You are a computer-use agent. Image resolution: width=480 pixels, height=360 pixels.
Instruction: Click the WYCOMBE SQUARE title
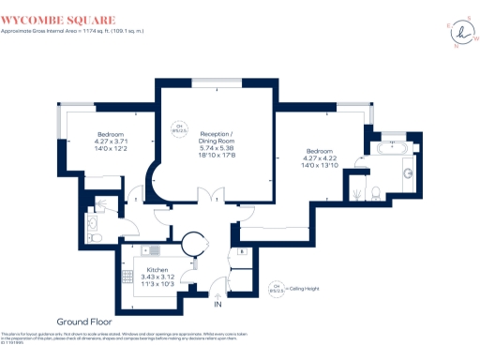(58, 19)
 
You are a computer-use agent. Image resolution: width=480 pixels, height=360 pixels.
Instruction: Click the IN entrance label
(218, 306)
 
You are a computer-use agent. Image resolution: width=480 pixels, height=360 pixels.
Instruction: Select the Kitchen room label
(157, 271)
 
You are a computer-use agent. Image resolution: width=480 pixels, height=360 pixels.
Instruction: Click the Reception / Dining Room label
(215, 144)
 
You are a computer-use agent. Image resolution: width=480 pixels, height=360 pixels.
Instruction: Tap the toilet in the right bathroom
(374, 193)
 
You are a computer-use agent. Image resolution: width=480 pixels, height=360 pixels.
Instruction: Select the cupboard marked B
(241, 252)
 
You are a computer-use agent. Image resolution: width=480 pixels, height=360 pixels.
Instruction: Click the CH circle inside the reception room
(178, 128)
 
